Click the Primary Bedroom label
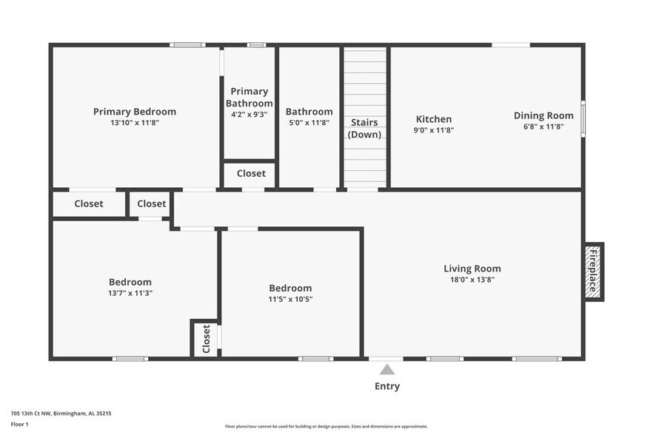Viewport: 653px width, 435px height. [x=135, y=112]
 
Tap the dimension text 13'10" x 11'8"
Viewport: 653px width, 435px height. [x=135, y=123]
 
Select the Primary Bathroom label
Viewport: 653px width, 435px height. [x=250, y=98]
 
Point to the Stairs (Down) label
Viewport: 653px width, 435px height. [x=364, y=128]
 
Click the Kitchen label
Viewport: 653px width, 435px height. [x=433, y=119]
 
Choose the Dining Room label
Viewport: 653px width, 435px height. [x=543, y=115]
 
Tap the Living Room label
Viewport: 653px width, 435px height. [x=472, y=269]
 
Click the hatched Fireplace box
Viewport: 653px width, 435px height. [x=594, y=272]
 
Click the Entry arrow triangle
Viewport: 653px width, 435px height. [x=387, y=369]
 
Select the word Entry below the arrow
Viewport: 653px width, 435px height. [x=387, y=386]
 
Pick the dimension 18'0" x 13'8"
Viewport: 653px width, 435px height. [x=472, y=280]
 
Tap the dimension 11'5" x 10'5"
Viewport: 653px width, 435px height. [x=290, y=299]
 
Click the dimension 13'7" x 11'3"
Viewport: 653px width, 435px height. [x=130, y=293]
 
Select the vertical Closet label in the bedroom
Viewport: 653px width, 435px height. [x=207, y=339]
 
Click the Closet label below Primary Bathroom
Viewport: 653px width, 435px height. [x=251, y=174]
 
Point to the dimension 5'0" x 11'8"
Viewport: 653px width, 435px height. [x=309, y=123]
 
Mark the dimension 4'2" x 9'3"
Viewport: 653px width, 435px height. [x=250, y=115]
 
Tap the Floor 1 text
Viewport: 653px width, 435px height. [x=19, y=424]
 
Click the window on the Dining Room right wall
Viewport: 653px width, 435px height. [x=582, y=118]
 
